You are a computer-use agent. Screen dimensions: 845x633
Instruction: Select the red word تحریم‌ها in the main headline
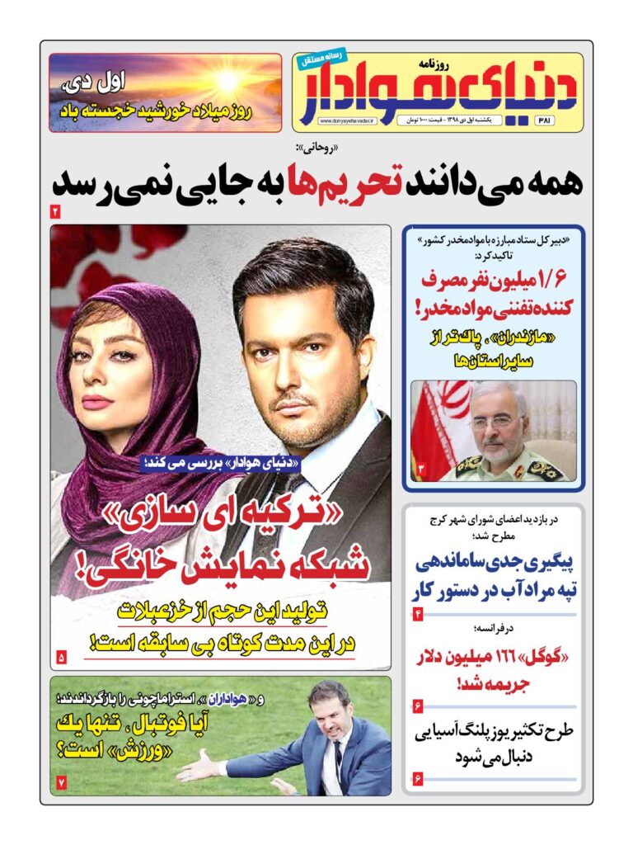(339, 181)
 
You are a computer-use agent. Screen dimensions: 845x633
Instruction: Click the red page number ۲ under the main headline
(55, 212)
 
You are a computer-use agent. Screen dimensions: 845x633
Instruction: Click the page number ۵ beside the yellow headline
(60, 657)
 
